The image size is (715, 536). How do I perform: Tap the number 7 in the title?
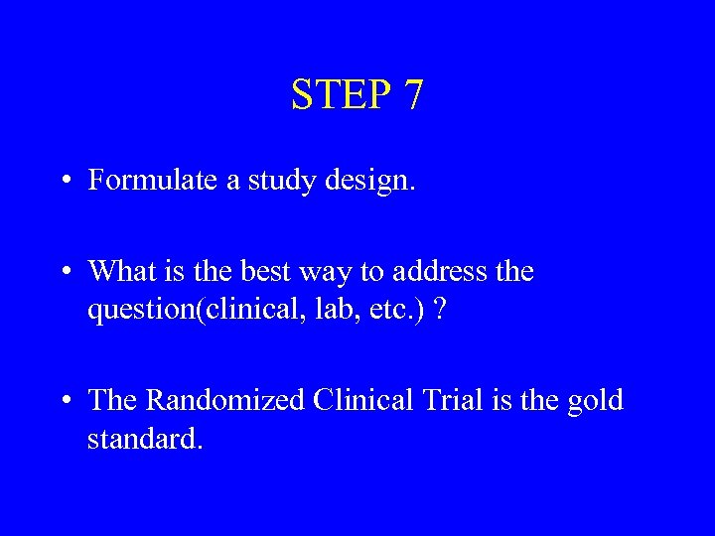[413, 95]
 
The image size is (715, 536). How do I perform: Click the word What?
[122, 270]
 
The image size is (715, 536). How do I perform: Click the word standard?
[145, 439]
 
